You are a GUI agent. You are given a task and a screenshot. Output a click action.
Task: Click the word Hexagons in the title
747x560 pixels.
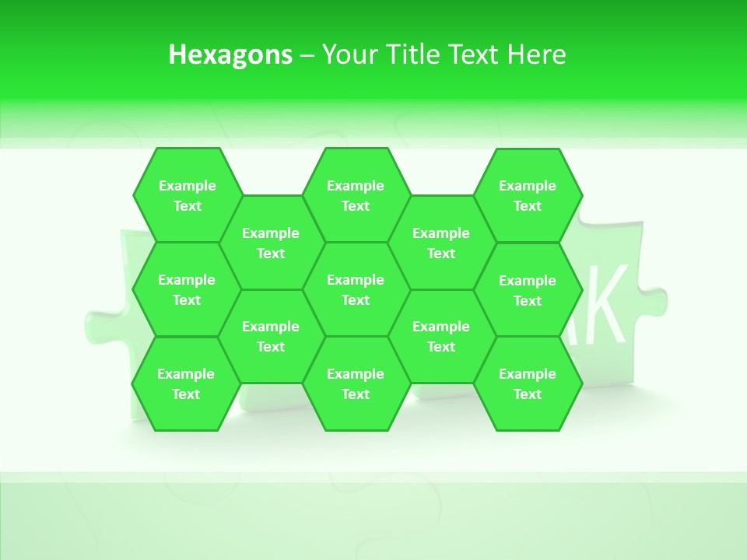pos(230,54)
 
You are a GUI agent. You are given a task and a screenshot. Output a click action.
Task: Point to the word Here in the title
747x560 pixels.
pos(537,54)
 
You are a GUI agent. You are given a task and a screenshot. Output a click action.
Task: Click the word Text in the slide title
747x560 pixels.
pos(474,54)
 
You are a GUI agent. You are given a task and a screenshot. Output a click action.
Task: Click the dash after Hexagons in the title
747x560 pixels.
pos(307,55)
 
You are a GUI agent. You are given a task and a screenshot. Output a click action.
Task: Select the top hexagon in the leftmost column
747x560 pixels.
pos(187,195)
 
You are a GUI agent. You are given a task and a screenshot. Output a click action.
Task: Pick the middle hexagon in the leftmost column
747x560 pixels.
pos(187,289)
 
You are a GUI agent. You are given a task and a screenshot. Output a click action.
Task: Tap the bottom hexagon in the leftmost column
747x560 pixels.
pos(186,383)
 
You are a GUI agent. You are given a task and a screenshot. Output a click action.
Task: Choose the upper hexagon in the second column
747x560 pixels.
pos(271,243)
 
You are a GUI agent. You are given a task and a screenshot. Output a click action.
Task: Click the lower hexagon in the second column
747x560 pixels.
pos(271,336)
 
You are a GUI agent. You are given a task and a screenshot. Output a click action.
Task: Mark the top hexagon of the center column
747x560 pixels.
pos(356,195)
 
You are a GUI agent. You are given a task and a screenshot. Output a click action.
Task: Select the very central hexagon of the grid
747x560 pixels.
pos(356,289)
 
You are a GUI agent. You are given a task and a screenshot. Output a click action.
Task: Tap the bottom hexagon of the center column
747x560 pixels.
pos(356,383)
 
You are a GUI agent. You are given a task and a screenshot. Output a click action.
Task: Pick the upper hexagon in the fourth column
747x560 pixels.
pos(441,243)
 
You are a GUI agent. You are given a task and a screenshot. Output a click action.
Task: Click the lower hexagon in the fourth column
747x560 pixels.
pos(441,336)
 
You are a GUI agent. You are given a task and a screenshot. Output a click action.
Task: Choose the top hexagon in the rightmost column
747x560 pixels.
pos(528,195)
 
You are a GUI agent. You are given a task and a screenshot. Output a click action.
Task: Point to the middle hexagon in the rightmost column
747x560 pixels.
pos(528,290)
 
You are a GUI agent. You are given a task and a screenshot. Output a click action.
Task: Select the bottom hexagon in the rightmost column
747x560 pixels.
pos(528,383)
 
